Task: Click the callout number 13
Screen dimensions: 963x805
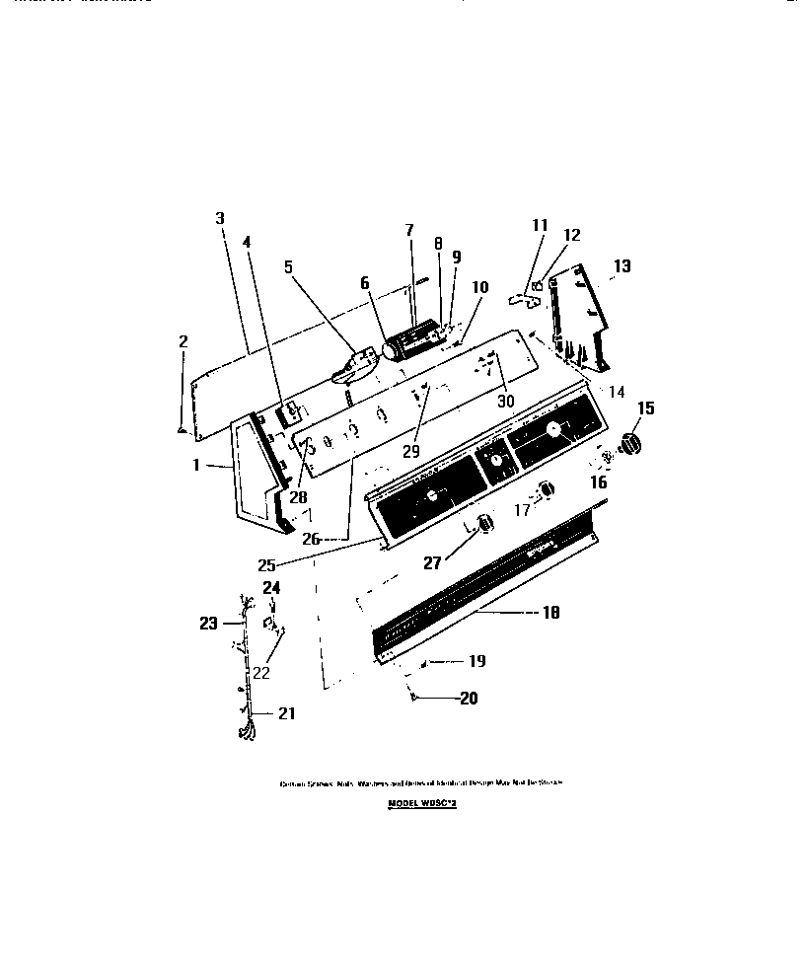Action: [x=622, y=266]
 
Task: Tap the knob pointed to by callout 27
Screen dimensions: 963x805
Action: [x=483, y=524]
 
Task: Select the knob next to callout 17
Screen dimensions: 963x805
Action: [x=547, y=490]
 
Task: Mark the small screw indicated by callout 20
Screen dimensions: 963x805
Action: [x=414, y=697]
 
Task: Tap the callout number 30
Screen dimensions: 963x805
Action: [x=506, y=402]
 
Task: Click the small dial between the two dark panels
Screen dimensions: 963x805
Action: [x=495, y=461]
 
